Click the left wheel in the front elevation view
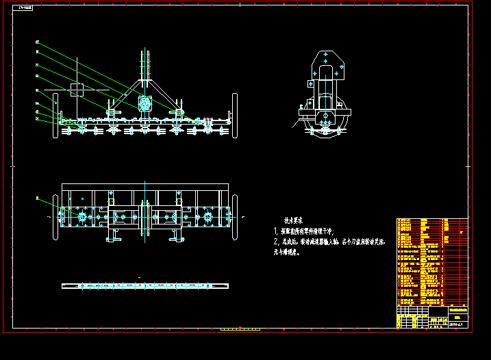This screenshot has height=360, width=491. [57, 116]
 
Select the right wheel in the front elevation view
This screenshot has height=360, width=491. [235, 116]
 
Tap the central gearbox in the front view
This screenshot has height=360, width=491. [144, 103]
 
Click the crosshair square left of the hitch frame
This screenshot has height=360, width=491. [77, 89]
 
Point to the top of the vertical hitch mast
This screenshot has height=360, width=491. [146, 52]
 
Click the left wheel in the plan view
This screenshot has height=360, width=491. [57, 219]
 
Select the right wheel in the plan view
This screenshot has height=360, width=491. [235, 217]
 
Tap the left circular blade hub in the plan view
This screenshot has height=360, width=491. [82, 218]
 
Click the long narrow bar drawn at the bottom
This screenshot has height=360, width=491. [144, 285]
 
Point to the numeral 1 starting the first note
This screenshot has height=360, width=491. [276, 231]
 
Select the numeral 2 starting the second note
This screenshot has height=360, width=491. [276, 242]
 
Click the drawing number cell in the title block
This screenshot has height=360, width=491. [457, 324]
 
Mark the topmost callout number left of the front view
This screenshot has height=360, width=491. [37, 42]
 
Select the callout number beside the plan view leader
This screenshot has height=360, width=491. [37, 198]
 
